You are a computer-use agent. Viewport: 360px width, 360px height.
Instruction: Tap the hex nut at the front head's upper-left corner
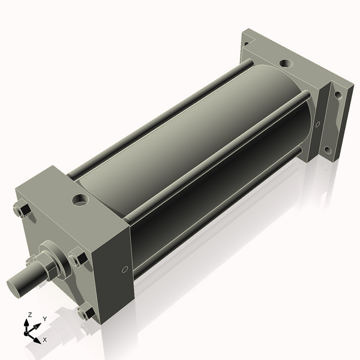(x=23, y=211)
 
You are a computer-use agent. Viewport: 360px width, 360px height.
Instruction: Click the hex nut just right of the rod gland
(x=76, y=259)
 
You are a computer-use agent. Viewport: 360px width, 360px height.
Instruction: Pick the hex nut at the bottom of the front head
(x=85, y=313)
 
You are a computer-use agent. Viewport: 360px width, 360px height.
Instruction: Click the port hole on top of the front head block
(x=79, y=198)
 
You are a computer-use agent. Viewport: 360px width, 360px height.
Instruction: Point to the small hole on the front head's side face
(x=125, y=269)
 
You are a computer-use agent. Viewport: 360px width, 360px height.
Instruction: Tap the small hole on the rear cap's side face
(x=317, y=125)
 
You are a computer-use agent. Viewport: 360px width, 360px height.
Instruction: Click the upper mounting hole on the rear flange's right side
(x=338, y=95)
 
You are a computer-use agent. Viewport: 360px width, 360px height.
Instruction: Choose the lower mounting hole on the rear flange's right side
(x=327, y=150)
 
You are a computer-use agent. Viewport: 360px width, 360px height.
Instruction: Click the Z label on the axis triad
(x=30, y=314)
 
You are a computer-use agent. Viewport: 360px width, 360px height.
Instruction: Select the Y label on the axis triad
(x=44, y=319)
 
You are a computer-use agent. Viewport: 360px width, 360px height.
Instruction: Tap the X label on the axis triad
(x=45, y=340)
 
